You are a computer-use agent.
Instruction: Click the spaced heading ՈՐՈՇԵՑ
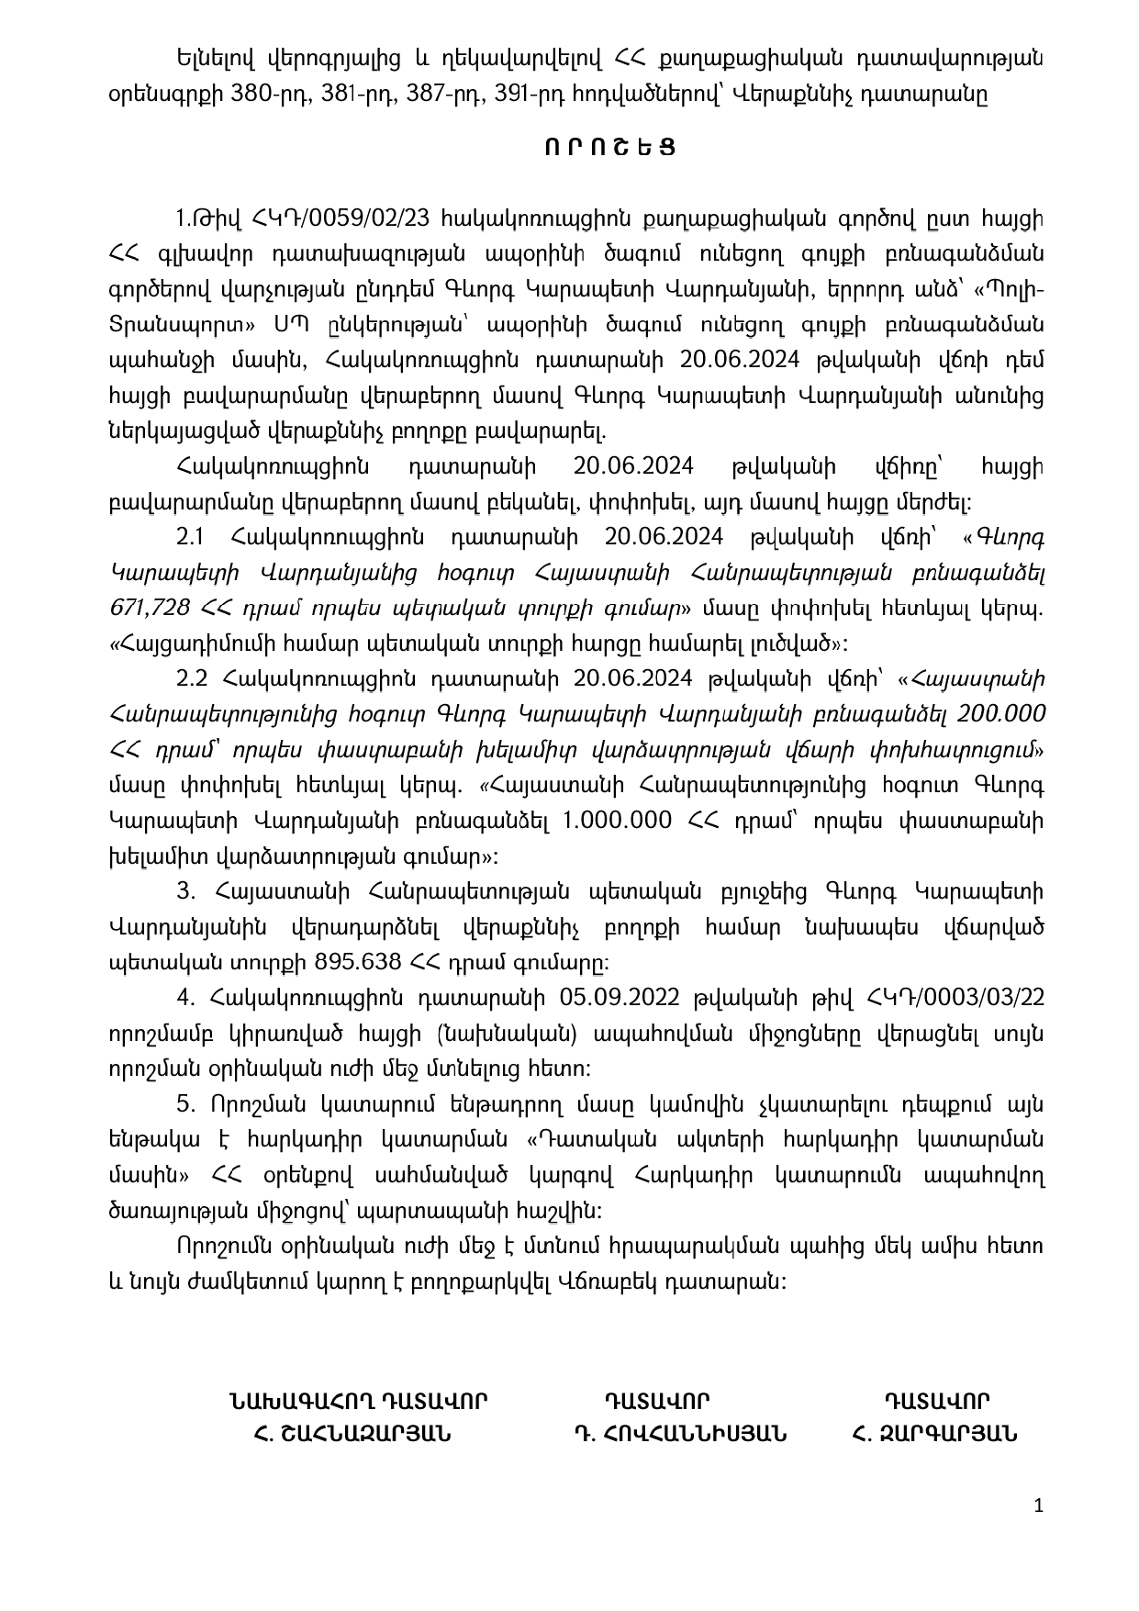609,147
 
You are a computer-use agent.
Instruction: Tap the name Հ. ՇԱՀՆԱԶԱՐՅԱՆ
353,1434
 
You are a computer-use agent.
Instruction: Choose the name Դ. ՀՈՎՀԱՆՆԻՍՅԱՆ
679,1434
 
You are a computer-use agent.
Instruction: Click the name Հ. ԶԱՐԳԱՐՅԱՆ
934,1434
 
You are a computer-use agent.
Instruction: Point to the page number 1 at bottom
1038,1505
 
